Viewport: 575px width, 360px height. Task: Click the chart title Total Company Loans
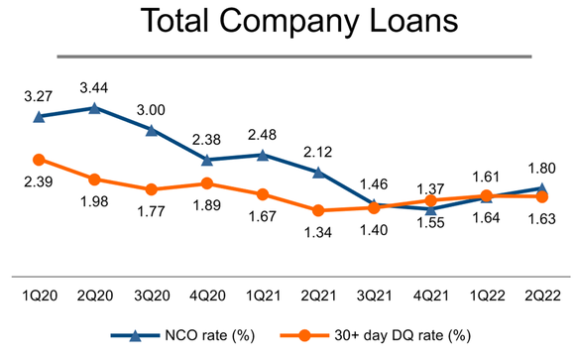point(287,24)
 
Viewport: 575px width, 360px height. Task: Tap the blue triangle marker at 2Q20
point(94,108)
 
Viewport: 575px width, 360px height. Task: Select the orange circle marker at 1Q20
point(39,160)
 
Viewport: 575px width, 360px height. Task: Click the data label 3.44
point(93,84)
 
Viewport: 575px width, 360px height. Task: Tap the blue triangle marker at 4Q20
point(206,160)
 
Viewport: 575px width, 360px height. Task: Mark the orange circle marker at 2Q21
point(318,210)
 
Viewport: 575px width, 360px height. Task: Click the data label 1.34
point(318,233)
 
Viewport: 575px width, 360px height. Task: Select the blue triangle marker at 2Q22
point(542,187)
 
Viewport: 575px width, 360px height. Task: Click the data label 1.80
point(542,165)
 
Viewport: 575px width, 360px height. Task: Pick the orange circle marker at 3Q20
point(151,189)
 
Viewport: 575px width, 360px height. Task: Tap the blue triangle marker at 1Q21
point(263,155)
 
